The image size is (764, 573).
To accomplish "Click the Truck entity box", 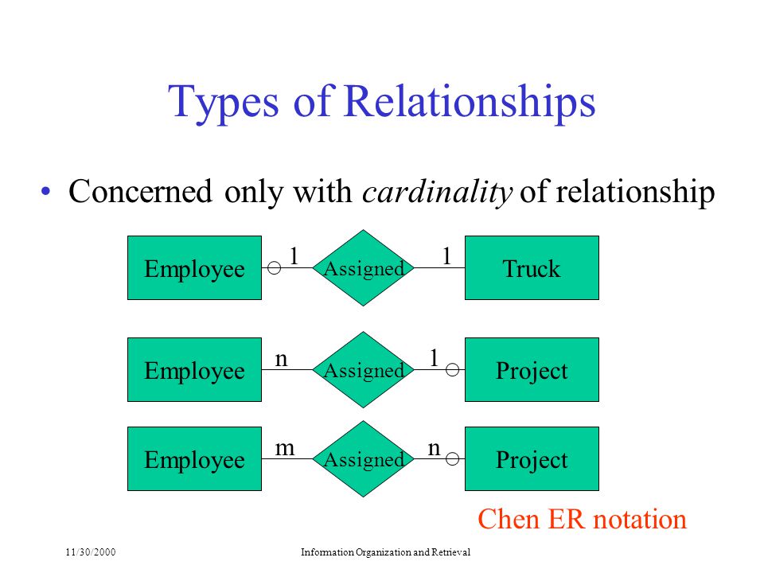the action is [x=532, y=267].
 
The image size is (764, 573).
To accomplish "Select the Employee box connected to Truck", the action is [x=194, y=267].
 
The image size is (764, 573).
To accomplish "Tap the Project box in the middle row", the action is [x=532, y=369].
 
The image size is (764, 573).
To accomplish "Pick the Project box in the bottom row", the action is [x=532, y=458].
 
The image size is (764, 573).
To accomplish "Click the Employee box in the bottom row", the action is [x=194, y=458].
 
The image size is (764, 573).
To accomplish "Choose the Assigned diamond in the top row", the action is [x=363, y=267].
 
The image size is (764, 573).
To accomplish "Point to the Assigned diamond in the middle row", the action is [x=363, y=369].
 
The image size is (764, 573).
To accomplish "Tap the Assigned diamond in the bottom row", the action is [x=363, y=458].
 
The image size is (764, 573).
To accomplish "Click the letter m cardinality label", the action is [x=285, y=448].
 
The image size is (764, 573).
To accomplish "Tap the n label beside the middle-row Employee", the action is [x=281, y=360].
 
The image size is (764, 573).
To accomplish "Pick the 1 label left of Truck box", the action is [x=446, y=255].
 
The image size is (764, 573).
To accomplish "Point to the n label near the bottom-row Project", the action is [x=434, y=448].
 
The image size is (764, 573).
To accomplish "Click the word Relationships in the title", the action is [x=470, y=101].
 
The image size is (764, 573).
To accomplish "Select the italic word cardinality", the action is [x=437, y=192].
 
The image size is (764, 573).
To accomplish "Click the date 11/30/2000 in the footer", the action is [x=91, y=552].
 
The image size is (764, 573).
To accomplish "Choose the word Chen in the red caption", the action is [x=509, y=519].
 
